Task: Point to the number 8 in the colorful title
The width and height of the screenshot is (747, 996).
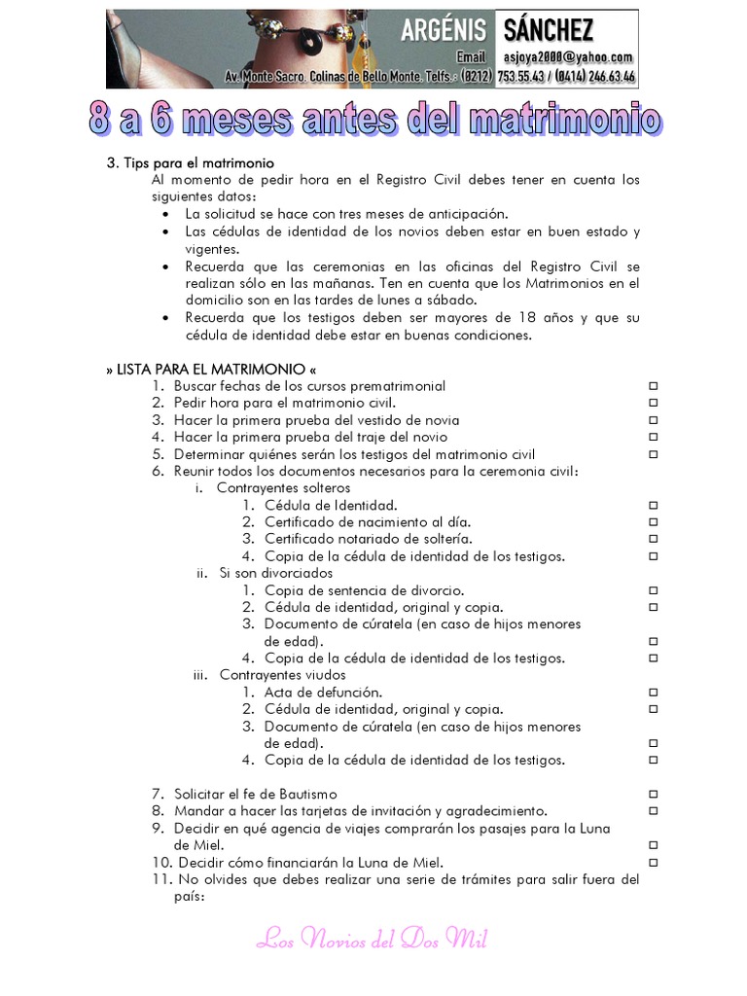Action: pyautogui.click(x=101, y=121)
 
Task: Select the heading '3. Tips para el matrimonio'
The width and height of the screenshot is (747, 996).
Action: pyautogui.click(x=190, y=162)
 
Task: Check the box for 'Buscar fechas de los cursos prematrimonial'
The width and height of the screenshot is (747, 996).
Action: pyautogui.click(x=654, y=386)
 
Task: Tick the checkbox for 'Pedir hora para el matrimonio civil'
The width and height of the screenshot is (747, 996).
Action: pyautogui.click(x=654, y=403)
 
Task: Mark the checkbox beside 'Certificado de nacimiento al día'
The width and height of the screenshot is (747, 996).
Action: pyautogui.click(x=654, y=522)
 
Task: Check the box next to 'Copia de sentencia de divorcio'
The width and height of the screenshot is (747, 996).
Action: pyautogui.click(x=654, y=590)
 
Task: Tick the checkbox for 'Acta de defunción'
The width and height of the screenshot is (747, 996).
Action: pyautogui.click(x=654, y=693)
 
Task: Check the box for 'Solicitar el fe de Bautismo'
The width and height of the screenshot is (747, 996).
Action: pyautogui.click(x=654, y=795)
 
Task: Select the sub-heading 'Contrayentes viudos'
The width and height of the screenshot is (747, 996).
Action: pyautogui.click(x=282, y=675)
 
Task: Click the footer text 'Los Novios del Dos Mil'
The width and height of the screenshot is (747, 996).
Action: pyautogui.click(x=373, y=939)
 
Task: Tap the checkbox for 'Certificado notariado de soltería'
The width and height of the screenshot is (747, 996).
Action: pyautogui.click(x=654, y=539)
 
